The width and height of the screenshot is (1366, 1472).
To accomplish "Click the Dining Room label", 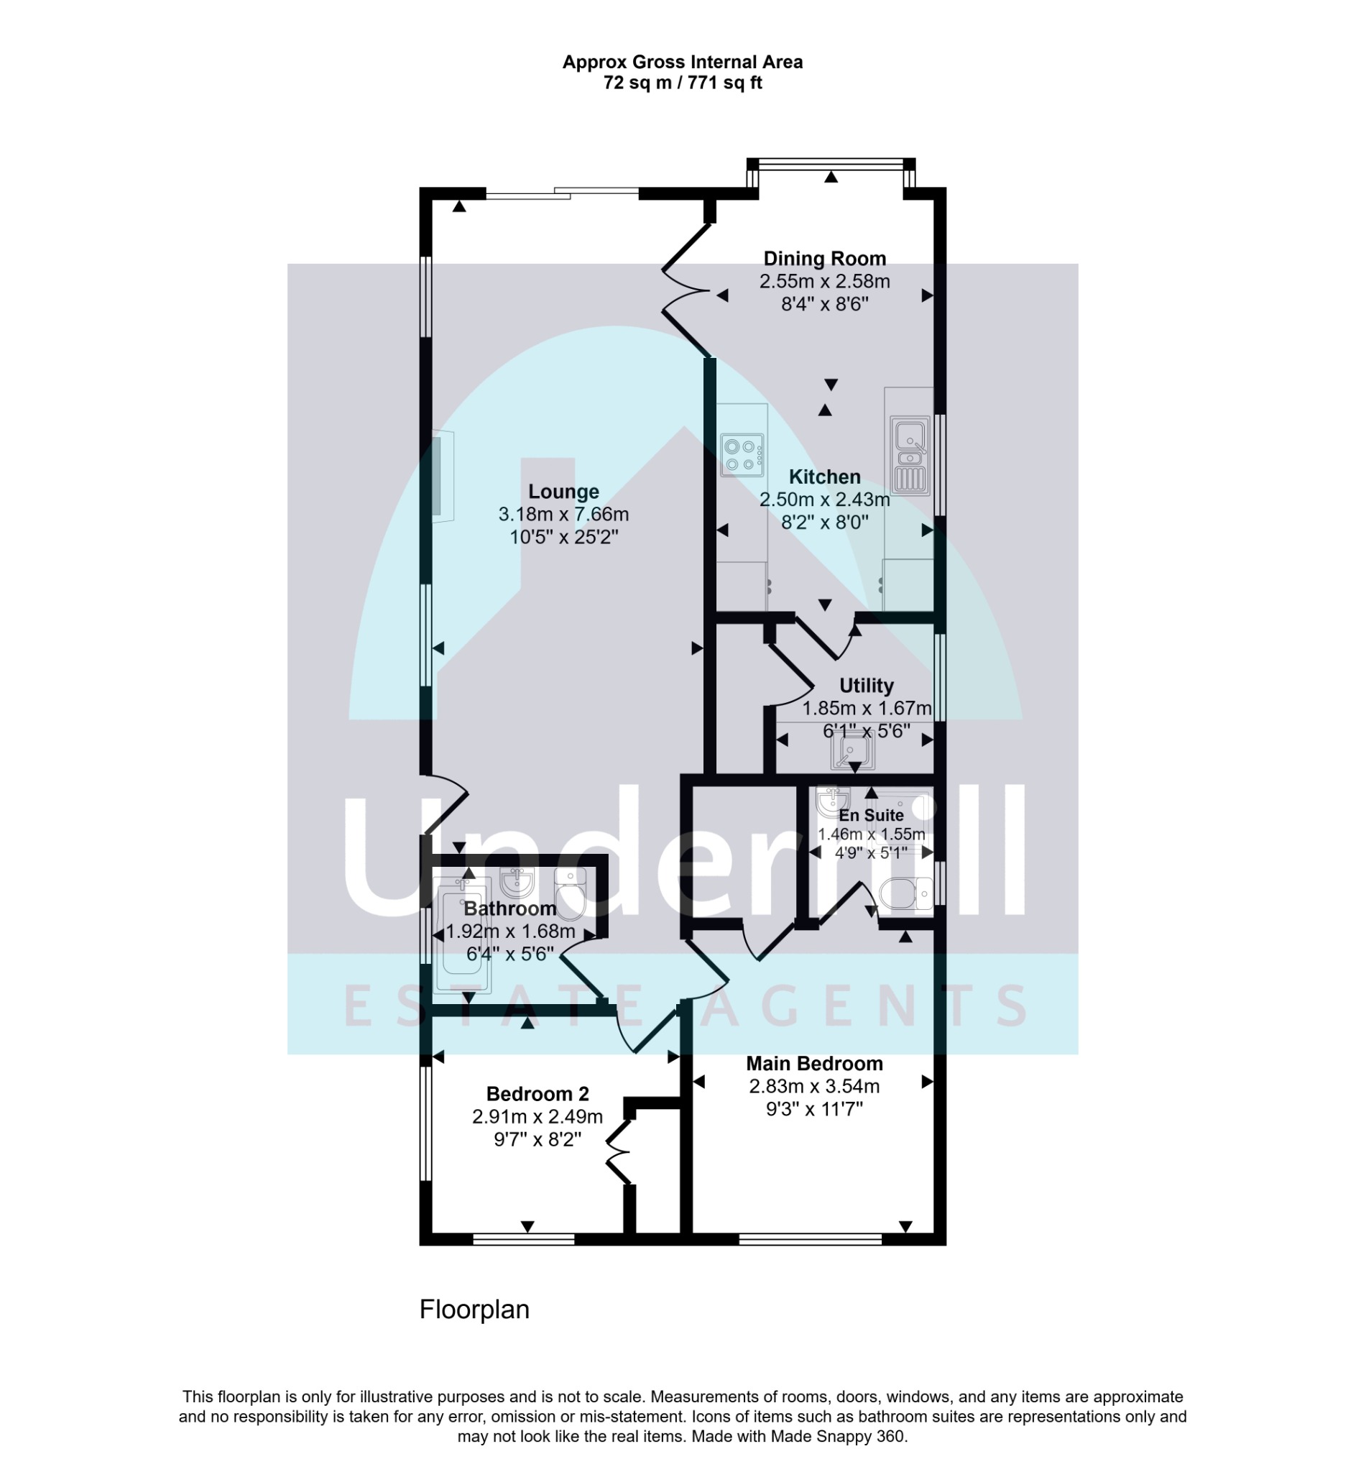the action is [x=824, y=259].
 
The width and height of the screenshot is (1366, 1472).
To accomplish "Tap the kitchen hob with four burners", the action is [x=743, y=455].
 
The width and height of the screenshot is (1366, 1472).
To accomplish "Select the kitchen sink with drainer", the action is [x=910, y=455].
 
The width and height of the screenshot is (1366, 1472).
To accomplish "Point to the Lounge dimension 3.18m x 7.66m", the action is [x=563, y=514].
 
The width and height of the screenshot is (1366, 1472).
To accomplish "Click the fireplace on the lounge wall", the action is [x=441, y=476].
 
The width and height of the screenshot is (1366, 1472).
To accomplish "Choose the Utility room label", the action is [x=867, y=686].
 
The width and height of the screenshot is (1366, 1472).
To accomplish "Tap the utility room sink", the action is [x=853, y=752].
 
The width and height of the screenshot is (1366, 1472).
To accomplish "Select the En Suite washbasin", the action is [x=832, y=801].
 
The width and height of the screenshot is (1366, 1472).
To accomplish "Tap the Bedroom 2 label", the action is [x=537, y=1093].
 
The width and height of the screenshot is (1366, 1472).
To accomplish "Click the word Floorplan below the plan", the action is [x=474, y=1310].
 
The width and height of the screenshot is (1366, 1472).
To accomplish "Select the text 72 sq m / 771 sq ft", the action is [x=682, y=83].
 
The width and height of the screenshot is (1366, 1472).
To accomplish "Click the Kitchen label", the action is [x=824, y=477].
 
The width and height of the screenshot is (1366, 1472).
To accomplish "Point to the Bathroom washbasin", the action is [x=517, y=882].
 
